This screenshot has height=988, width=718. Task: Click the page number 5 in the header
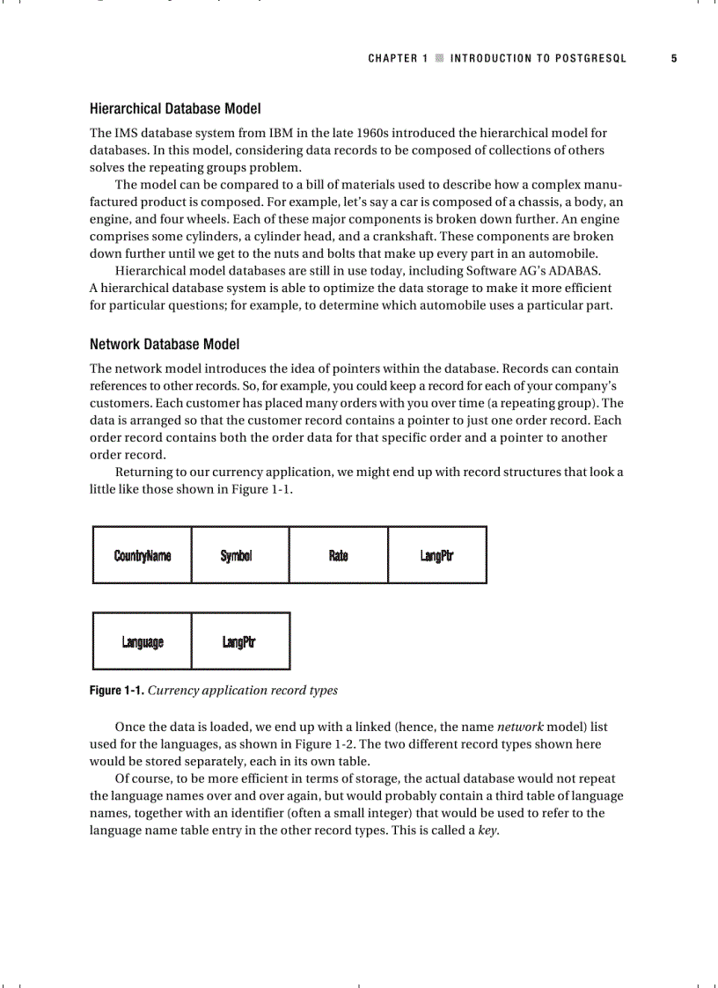pos(674,59)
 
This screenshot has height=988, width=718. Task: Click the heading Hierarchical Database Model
pos(175,109)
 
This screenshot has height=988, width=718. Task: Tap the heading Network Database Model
pos(165,344)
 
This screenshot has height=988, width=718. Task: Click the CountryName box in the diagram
pos(142,555)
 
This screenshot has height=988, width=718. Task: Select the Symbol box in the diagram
pos(240,555)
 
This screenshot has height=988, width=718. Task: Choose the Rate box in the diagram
pos(339,555)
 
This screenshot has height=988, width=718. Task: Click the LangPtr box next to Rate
pos(437,555)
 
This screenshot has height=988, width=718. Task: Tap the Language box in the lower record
pos(142,641)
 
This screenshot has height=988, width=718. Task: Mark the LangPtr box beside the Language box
pos(240,641)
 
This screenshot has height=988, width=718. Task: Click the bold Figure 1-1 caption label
pos(117,691)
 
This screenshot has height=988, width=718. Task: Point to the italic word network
pos(520,728)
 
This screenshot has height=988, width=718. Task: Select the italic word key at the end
pos(487,831)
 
